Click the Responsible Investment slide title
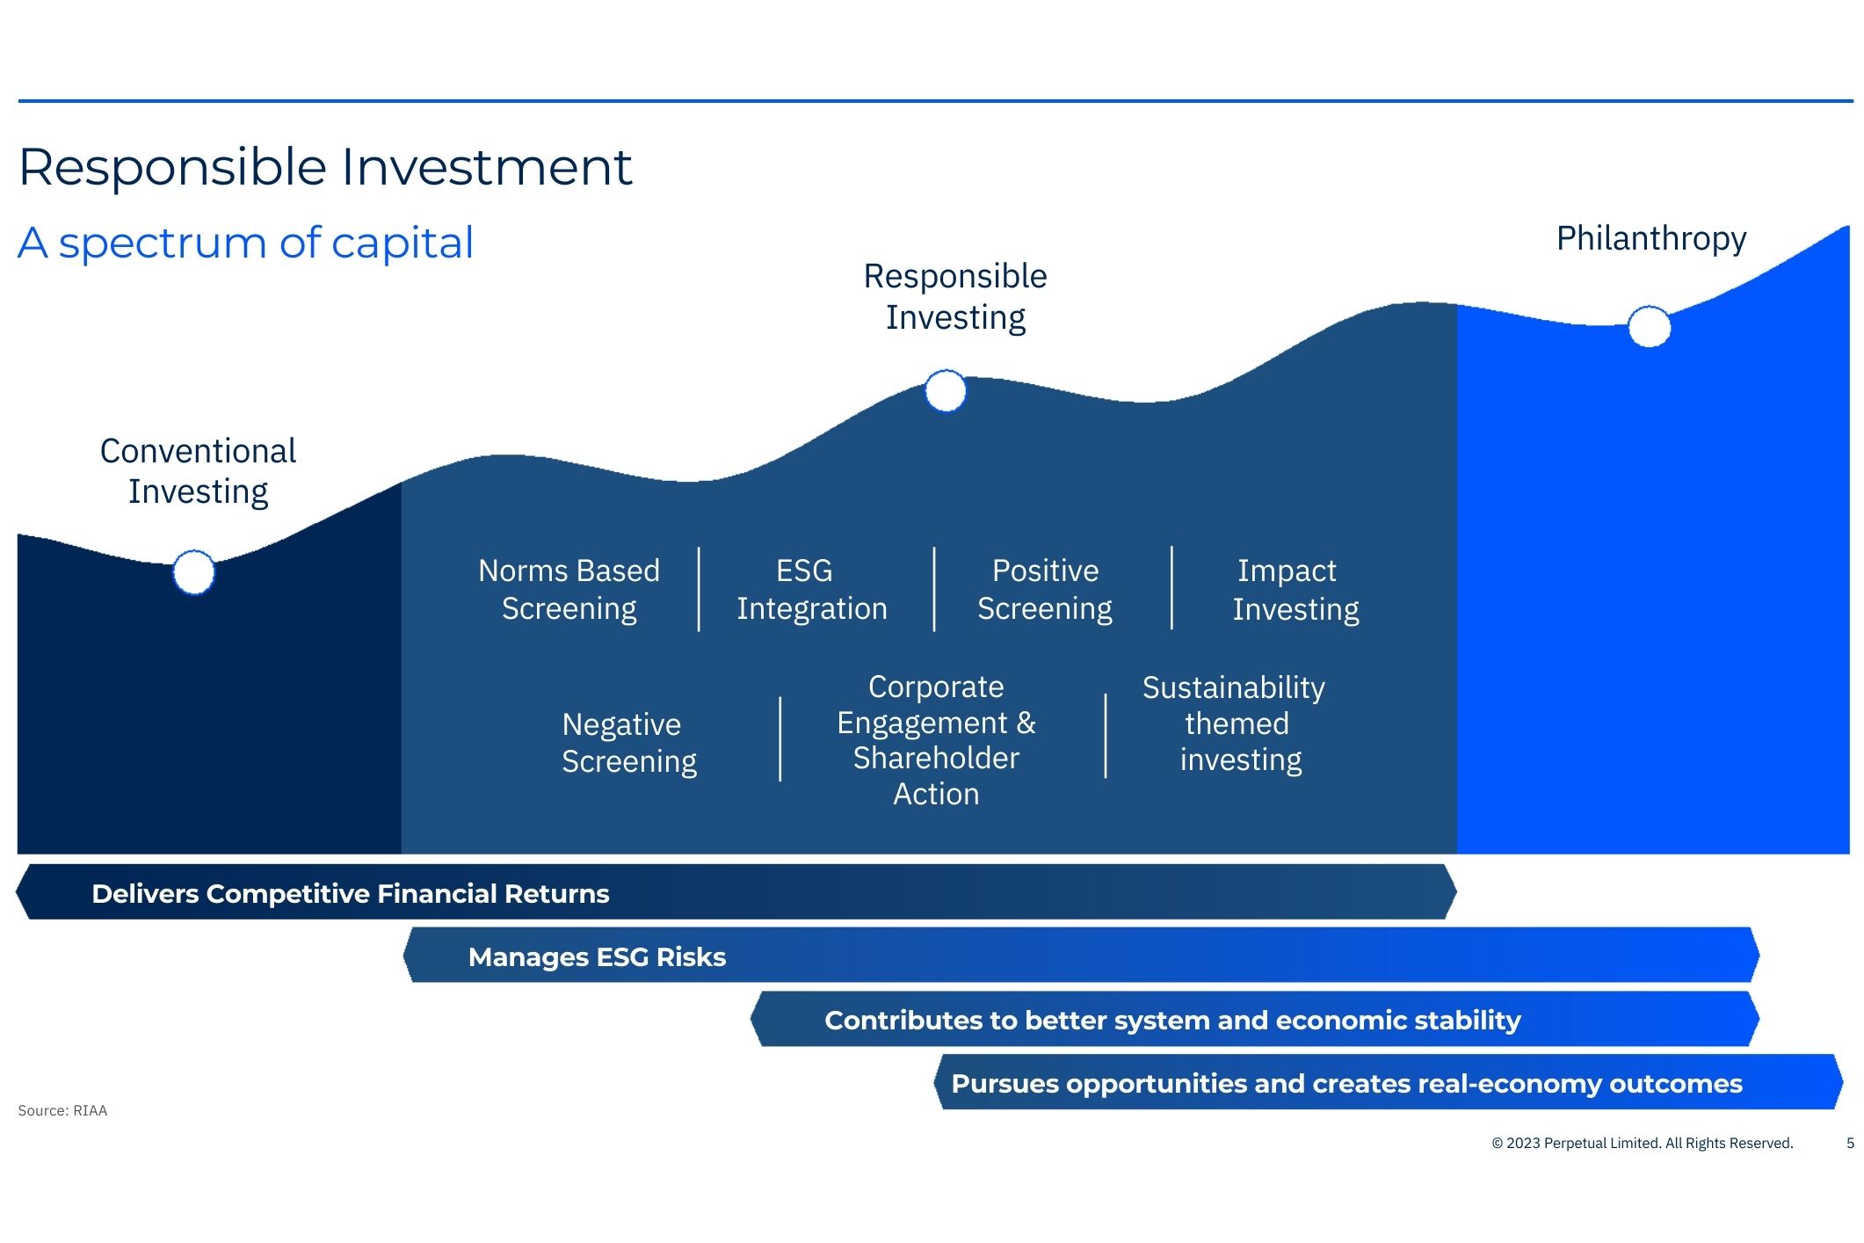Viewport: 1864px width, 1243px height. (325, 167)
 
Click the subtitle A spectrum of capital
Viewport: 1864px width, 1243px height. (245, 243)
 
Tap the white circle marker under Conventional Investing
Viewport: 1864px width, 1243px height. (193, 572)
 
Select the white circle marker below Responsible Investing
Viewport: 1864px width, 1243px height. (946, 391)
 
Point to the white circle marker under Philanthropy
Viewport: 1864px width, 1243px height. (1649, 327)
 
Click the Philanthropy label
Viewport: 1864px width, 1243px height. (1650, 238)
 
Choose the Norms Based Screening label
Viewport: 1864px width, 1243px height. (569, 589)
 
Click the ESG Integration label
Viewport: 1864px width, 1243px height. (810, 589)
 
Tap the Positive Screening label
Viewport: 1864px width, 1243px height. (1044, 589)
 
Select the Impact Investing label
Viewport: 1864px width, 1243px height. (1295, 590)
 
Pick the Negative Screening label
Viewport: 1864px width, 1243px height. (628, 742)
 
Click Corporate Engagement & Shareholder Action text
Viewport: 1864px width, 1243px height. (936, 739)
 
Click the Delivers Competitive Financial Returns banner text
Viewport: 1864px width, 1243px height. (350, 893)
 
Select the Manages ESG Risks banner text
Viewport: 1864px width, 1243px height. (597, 956)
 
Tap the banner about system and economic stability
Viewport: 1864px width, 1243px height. (1171, 1020)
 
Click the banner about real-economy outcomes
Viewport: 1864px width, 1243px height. (1345, 1083)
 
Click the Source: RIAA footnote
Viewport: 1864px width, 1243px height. (62, 1110)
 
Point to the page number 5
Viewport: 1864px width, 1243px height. (1850, 1143)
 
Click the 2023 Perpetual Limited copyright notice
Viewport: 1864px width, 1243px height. (1642, 1143)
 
